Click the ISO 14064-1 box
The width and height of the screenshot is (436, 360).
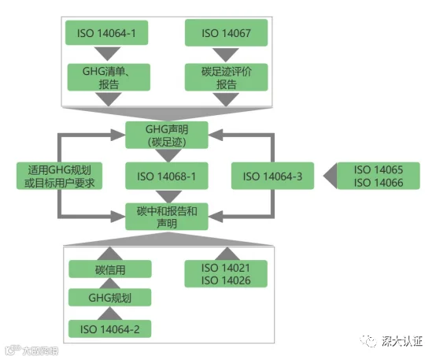point(106,33)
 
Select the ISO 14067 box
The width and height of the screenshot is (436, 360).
point(226,33)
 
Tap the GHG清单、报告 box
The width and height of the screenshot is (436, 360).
point(109,77)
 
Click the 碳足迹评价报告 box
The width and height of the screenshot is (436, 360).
point(226,77)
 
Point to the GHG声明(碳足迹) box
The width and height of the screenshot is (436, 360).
point(167,135)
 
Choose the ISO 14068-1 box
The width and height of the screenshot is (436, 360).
point(167,176)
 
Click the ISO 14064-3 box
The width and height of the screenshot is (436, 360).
point(272,176)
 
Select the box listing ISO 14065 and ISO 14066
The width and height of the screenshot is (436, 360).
point(379,176)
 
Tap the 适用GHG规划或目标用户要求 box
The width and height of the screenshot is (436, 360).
point(59,176)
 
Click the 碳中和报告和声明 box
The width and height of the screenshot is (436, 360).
point(167,217)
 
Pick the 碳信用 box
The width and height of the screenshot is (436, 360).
point(110,269)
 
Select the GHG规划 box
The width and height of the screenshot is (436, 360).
point(110,297)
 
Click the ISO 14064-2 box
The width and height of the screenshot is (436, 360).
point(110,328)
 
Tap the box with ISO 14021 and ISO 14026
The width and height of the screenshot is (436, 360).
point(226,273)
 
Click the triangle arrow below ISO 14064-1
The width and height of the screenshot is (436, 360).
point(107,54)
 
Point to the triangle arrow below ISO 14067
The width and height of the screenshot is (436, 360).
point(226,54)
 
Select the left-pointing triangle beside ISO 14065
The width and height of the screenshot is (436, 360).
point(330,176)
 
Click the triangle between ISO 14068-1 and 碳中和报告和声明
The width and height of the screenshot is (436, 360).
point(168,196)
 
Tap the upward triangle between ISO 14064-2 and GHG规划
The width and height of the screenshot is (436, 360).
point(110,314)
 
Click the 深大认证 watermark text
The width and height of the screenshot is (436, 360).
point(402,341)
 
